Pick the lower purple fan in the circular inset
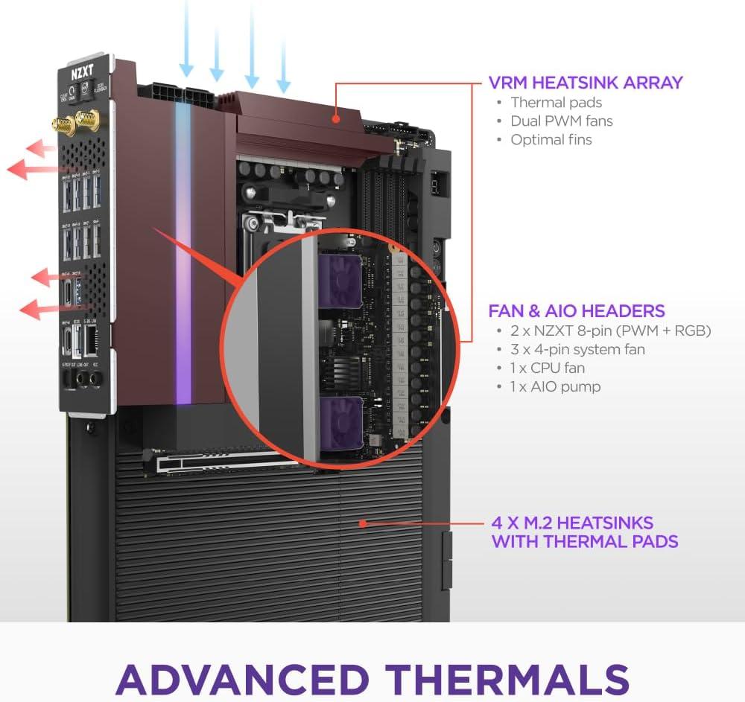click(x=340, y=423)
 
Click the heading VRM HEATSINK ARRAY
click(x=586, y=83)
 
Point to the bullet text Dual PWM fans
click(x=561, y=121)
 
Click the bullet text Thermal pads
click(x=556, y=103)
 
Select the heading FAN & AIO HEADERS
click(x=576, y=310)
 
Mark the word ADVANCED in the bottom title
click(x=242, y=678)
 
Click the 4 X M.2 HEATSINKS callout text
click(x=584, y=532)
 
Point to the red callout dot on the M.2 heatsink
click(x=362, y=523)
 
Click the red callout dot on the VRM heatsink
click(x=337, y=117)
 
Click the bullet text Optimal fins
click(x=551, y=139)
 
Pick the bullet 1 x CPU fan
click(x=548, y=368)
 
